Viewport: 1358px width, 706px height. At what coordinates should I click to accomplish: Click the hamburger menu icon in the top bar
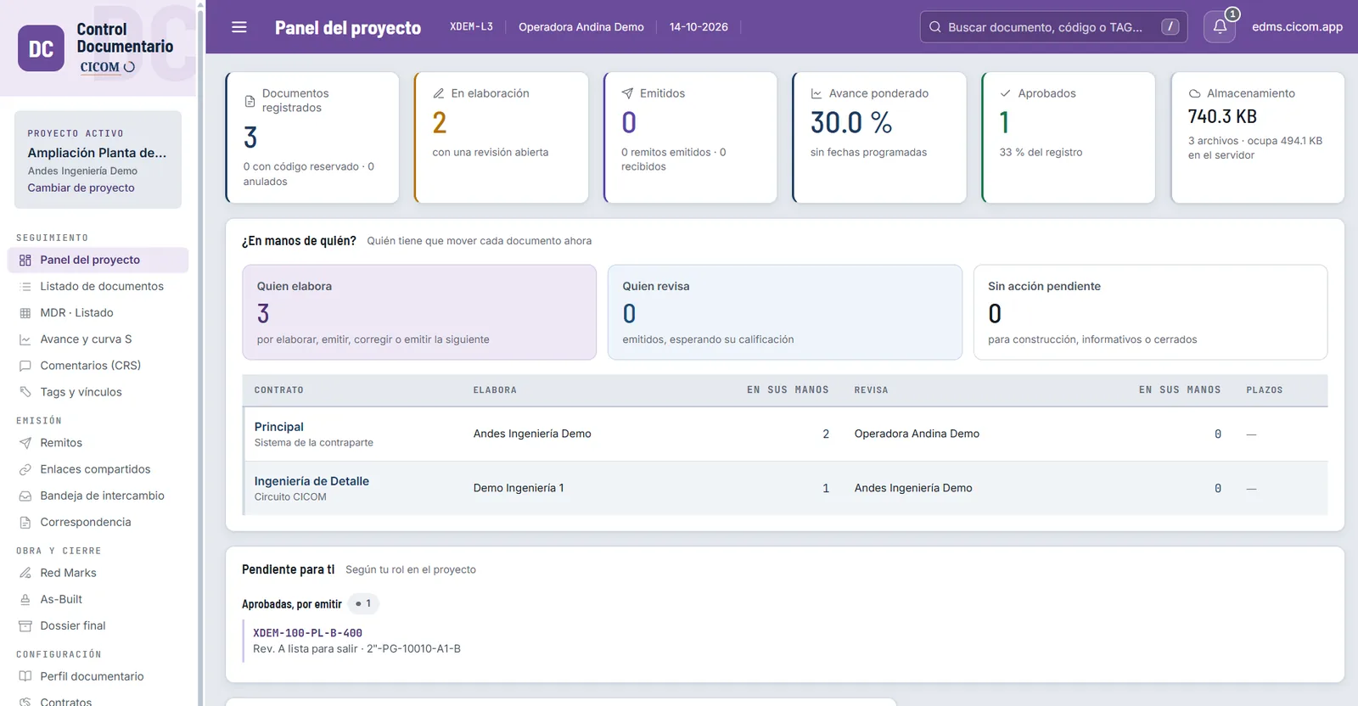[x=238, y=26]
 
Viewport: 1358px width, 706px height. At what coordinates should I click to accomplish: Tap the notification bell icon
[x=1220, y=26]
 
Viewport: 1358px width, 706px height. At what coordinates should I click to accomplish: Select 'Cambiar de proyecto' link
[x=81, y=188]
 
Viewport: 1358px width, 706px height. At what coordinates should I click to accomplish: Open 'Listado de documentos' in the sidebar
[x=101, y=286]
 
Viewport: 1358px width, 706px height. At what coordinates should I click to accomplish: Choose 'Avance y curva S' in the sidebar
[x=86, y=339]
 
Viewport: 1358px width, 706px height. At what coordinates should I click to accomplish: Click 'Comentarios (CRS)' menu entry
[x=90, y=366]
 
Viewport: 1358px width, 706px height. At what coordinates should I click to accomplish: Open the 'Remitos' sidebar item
[x=60, y=443]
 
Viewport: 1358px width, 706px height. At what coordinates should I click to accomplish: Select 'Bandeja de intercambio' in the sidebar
[x=102, y=496]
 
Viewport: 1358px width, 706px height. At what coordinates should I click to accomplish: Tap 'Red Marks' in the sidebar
[x=68, y=573]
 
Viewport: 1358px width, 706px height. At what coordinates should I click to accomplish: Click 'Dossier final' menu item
[x=73, y=625]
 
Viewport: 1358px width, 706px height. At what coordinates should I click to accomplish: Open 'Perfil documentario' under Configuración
[x=92, y=676]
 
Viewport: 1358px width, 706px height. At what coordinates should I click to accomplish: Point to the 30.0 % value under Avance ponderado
[x=851, y=122]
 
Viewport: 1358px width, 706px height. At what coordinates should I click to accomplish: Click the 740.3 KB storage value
[x=1222, y=115]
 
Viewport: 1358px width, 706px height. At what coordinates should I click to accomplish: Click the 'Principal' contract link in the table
[x=279, y=427]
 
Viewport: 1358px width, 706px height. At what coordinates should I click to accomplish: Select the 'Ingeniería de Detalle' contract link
[x=311, y=481]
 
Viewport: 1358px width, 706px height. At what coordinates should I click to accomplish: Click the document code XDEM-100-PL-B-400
[x=307, y=633]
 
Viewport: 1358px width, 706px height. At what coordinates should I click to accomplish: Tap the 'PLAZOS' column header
[x=1265, y=389]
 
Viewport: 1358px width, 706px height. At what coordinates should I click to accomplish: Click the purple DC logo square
[x=41, y=48]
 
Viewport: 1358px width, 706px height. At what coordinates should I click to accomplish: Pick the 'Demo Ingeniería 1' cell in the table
[x=519, y=488]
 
